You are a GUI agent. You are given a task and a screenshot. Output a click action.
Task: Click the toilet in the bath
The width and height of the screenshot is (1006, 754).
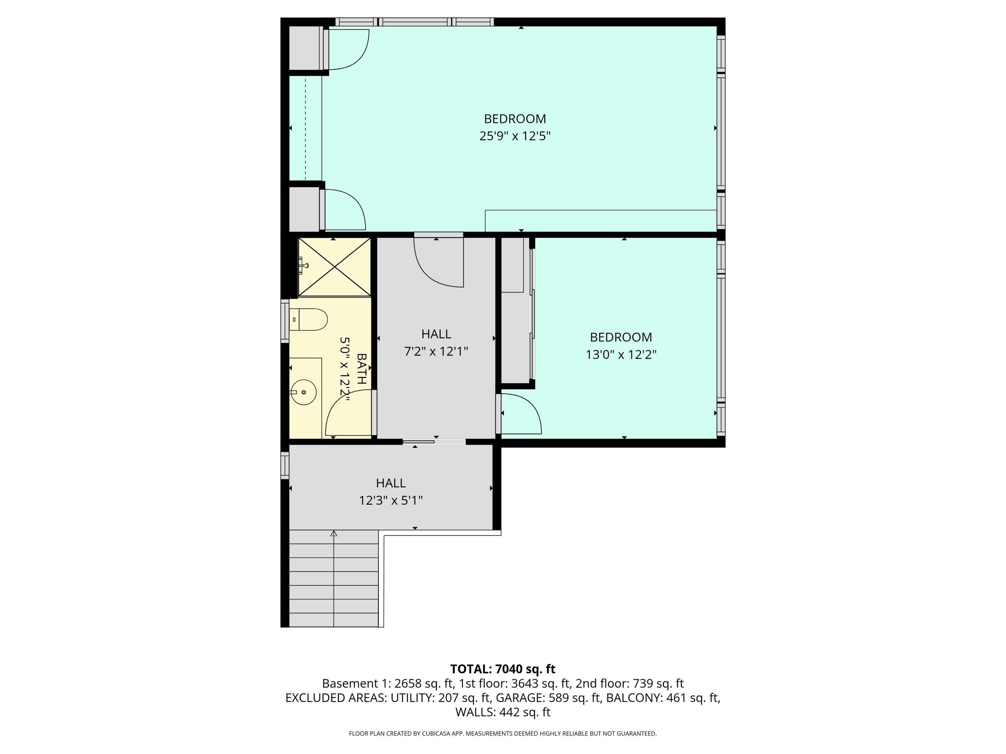(x=309, y=319)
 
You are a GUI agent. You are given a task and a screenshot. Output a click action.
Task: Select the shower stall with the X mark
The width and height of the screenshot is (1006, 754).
(x=334, y=267)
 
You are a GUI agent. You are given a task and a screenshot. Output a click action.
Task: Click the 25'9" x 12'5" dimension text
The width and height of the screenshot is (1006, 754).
(x=515, y=136)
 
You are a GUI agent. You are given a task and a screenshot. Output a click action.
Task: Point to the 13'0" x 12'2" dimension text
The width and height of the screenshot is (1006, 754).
(x=621, y=355)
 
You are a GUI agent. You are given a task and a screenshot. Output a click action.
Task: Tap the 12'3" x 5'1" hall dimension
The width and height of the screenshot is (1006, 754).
(x=391, y=500)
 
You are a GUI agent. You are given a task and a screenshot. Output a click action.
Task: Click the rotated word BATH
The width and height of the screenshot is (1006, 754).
(x=361, y=369)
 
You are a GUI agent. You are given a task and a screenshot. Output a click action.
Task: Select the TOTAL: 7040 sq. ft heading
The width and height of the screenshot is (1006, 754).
(x=503, y=669)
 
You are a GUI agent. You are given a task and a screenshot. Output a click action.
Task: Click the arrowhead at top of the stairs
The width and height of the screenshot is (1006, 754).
(x=334, y=533)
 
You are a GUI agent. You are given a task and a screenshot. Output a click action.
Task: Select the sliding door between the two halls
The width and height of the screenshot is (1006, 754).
(x=433, y=442)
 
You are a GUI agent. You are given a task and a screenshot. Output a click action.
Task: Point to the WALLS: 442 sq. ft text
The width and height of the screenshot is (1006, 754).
(x=503, y=712)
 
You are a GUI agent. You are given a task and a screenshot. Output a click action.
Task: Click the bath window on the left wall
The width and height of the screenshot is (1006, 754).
(x=285, y=321)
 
